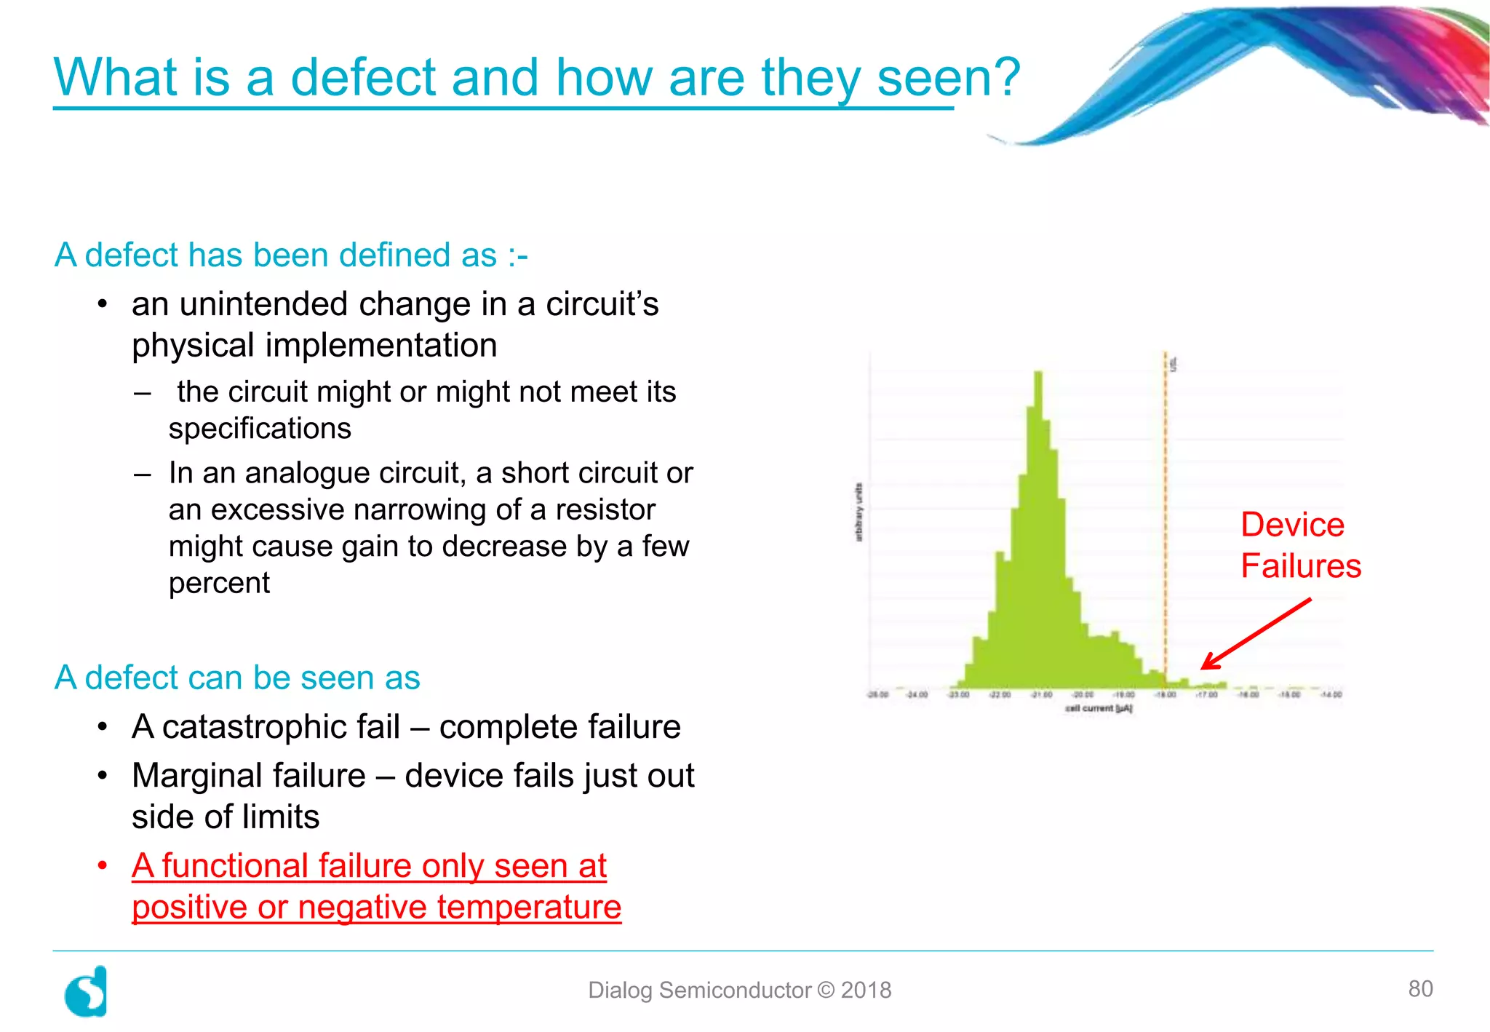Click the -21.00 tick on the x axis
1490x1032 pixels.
[1042, 694]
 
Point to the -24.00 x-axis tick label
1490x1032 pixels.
[917, 694]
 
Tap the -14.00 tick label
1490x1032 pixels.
[1331, 694]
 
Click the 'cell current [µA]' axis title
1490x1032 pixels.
[1099, 708]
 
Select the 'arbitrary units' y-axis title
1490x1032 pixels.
[858, 512]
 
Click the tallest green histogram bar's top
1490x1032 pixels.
[1038, 373]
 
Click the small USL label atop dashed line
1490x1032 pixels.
[1173, 364]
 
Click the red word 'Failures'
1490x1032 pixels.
[1300, 566]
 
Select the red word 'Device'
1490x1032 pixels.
[1292, 525]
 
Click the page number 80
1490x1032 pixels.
[1420, 988]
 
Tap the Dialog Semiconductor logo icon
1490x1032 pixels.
[87, 992]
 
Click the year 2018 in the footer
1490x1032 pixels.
[866, 990]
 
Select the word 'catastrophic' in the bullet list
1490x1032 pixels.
[281, 727]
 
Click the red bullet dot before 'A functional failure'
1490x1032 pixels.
[103, 866]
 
